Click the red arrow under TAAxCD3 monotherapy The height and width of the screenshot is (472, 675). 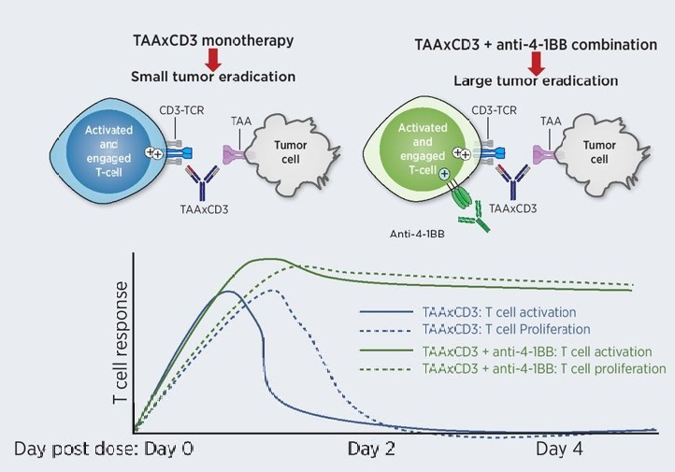tap(213, 60)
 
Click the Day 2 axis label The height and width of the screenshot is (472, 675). tap(371, 449)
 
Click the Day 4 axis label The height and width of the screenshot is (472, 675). tap(560, 449)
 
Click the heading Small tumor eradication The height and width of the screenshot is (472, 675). tap(214, 77)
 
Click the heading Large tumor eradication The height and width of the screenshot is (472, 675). tap(536, 80)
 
